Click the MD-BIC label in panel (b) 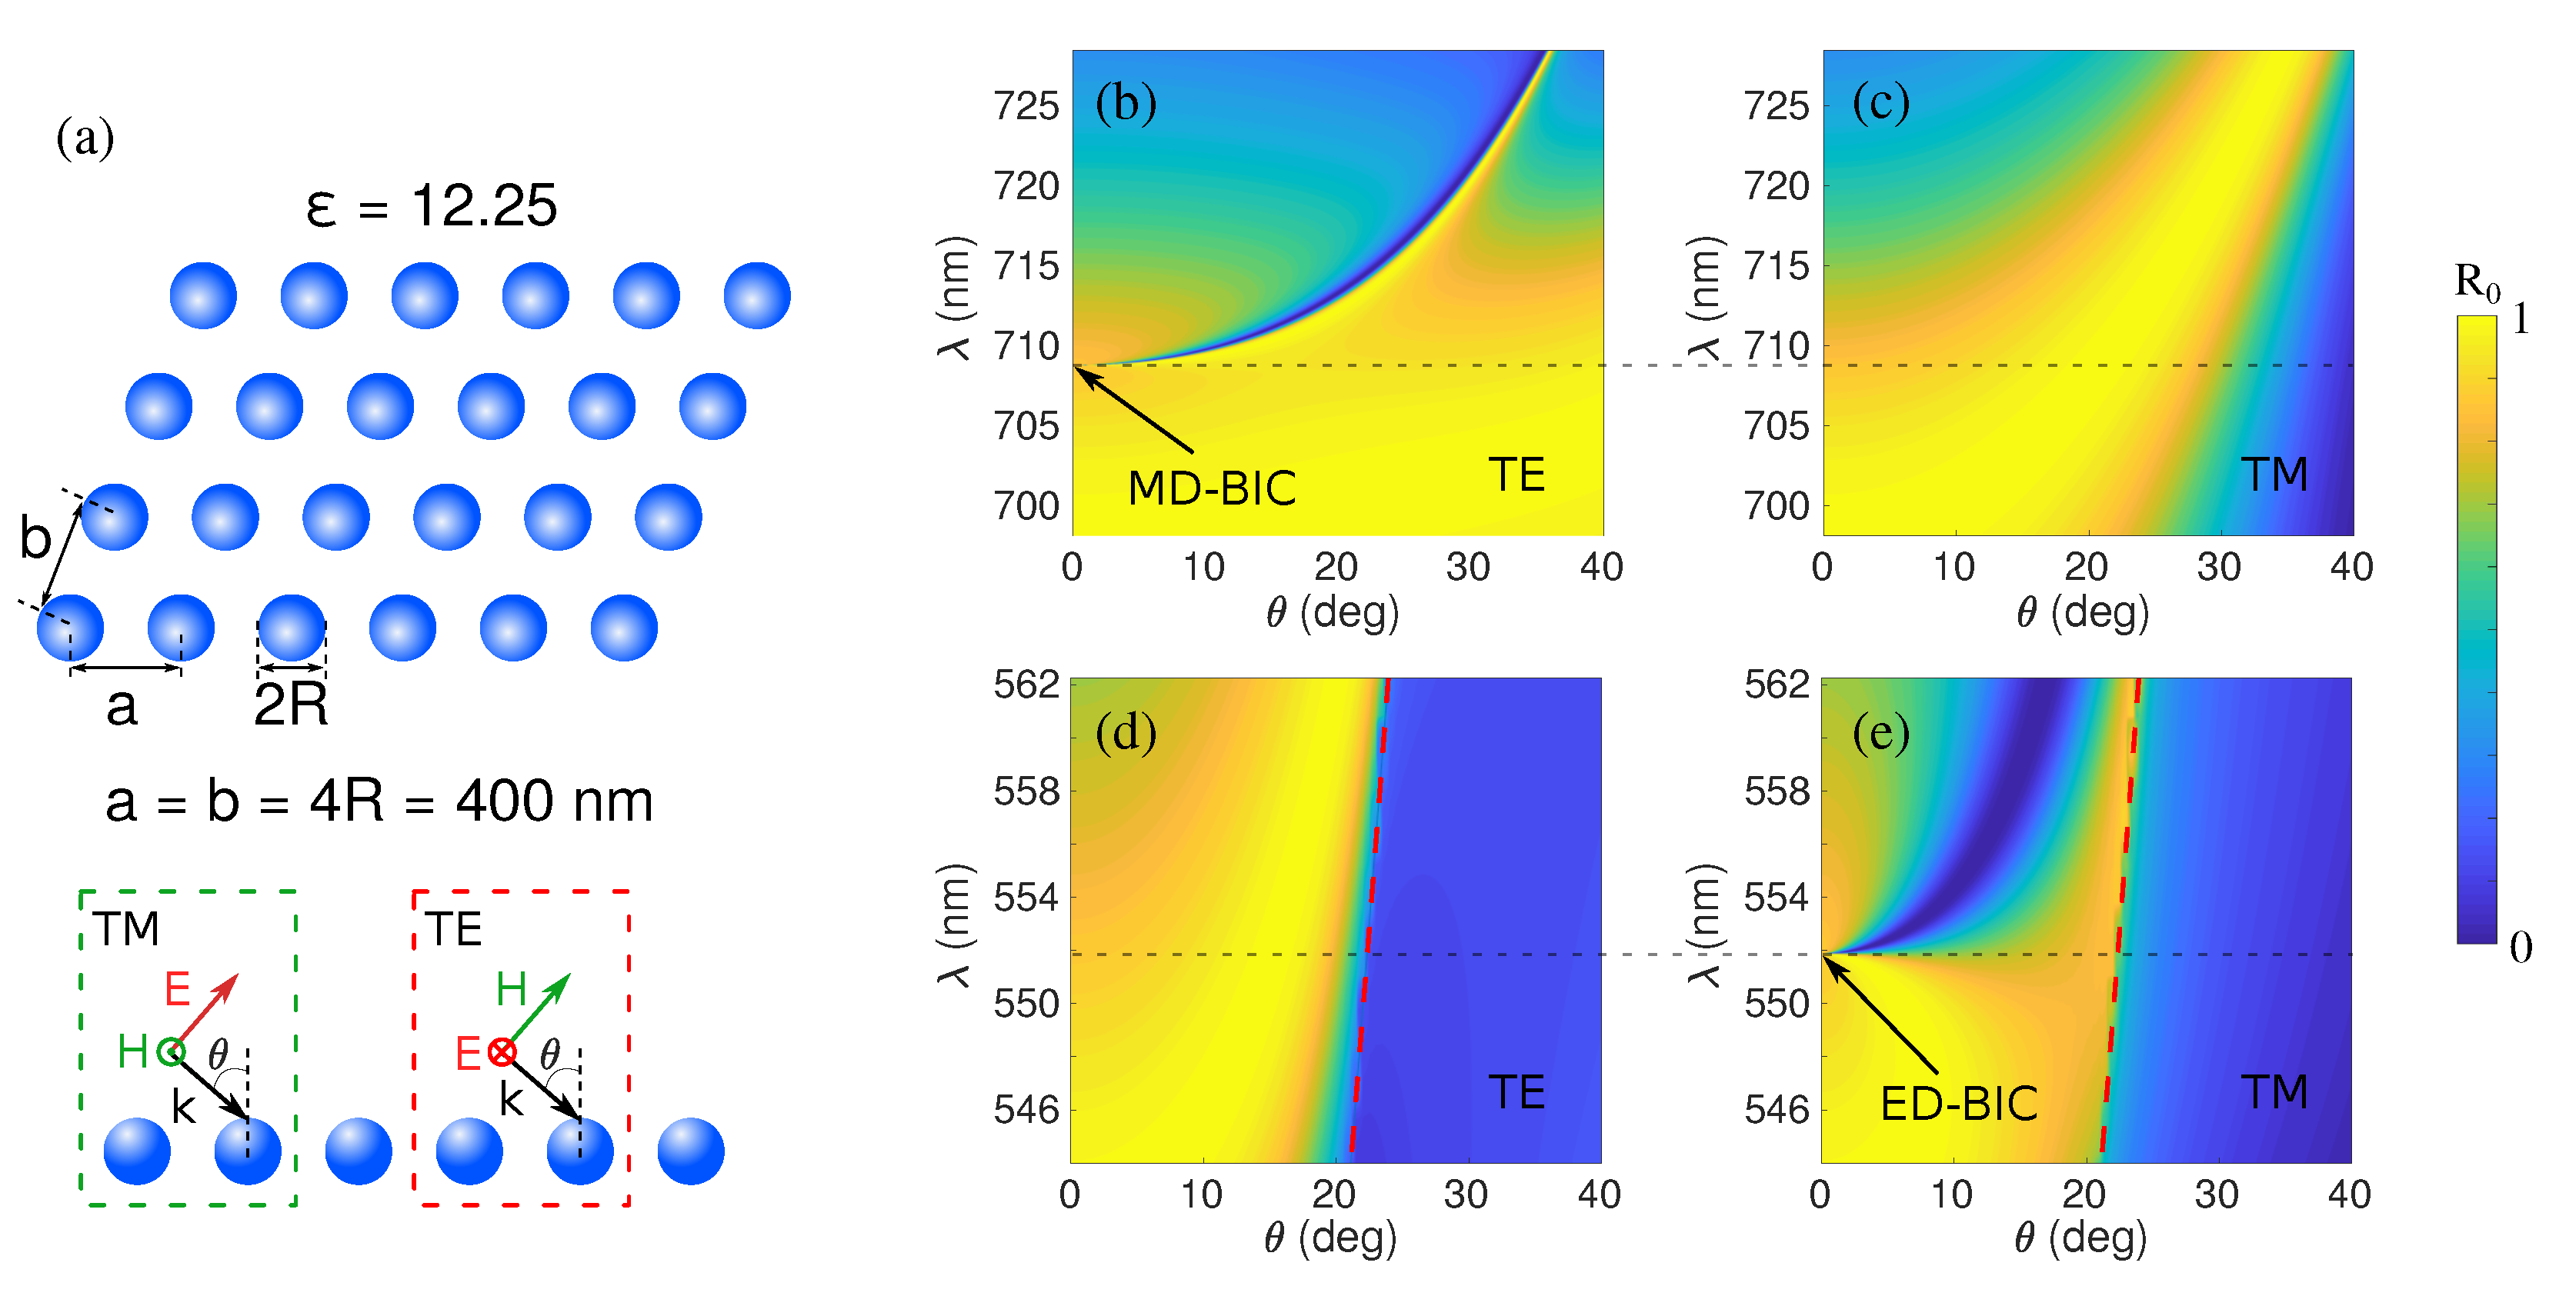coord(1211,488)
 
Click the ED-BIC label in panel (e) coord(1957,1104)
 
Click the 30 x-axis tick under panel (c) coord(2218,568)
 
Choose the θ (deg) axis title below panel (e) coord(2080,1238)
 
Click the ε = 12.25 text coord(431,206)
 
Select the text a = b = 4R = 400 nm coord(379,801)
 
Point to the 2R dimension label coord(290,705)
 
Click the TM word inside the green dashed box coord(127,929)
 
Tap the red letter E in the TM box coord(178,989)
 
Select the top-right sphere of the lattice coord(757,296)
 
